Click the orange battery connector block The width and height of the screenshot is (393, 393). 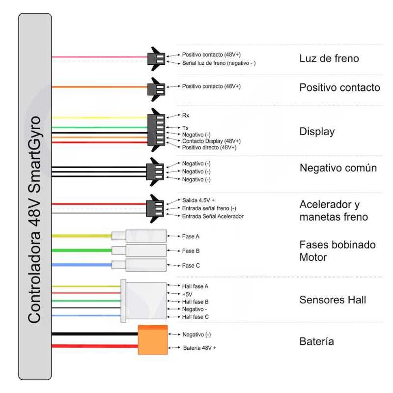[x=153, y=340]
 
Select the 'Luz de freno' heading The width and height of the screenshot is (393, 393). [x=329, y=58]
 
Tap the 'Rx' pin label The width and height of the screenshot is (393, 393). [x=186, y=115]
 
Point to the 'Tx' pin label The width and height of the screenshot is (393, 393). [x=185, y=128]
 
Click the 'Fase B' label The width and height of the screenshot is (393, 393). [x=191, y=251]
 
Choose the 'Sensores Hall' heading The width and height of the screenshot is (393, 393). [x=333, y=300]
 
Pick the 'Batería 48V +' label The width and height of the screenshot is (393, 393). [x=199, y=348]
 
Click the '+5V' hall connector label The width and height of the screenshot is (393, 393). [x=187, y=294]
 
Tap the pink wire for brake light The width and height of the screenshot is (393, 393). [x=100, y=57]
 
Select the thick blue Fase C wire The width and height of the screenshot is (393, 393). [x=82, y=265]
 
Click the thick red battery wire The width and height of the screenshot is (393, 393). [x=95, y=346]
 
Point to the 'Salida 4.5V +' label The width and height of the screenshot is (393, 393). [x=198, y=200]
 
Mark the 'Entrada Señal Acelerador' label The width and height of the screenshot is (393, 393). [x=213, y=216]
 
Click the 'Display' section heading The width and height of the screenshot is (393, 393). [x=317, y=132]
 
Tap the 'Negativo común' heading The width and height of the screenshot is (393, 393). [x=338, y=168]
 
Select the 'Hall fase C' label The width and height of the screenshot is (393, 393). [x=195, y=317]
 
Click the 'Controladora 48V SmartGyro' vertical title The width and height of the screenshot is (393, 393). [x=34, y=220]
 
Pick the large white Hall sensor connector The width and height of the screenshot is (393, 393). [x=143, y=301]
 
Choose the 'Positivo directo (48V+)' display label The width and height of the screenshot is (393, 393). [x=209, y=147]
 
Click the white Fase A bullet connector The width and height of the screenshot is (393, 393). [x=139, y=236]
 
